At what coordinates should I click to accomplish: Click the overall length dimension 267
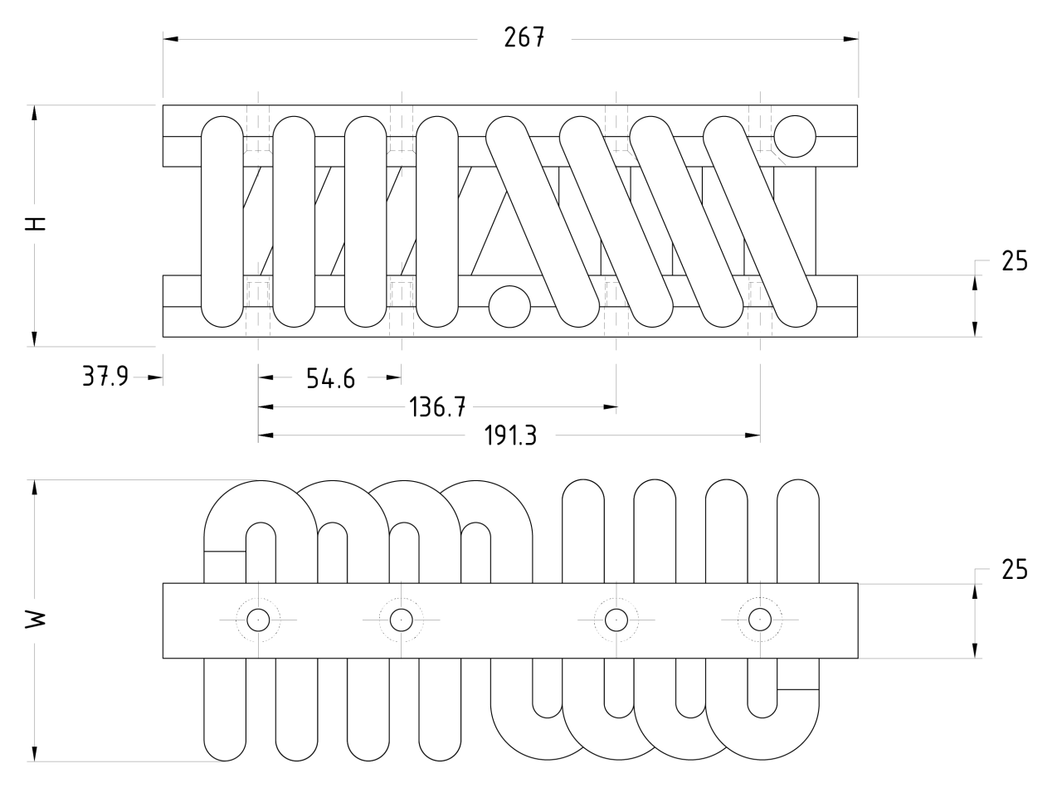(524, 38)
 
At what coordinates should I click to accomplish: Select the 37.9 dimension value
(105, 377)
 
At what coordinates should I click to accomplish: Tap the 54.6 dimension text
(329, 379)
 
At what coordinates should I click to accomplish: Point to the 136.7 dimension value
(438, 407)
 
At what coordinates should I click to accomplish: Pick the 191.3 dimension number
(510, 436)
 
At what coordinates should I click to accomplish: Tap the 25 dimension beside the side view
(1014, 261)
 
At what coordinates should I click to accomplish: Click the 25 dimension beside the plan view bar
(1014, 570)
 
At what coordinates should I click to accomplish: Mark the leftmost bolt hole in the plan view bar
(258, 620)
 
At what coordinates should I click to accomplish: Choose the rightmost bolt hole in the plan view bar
(759, 620)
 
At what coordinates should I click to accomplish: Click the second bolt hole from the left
(402, 620)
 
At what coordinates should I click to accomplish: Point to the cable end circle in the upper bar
(795, 136)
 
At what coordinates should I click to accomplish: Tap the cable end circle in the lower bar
(509, 307)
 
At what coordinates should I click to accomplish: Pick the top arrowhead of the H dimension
(34, 113)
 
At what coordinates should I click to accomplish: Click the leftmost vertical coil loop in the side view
(223, 221)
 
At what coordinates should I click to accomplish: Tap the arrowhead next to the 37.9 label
(155, 377)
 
